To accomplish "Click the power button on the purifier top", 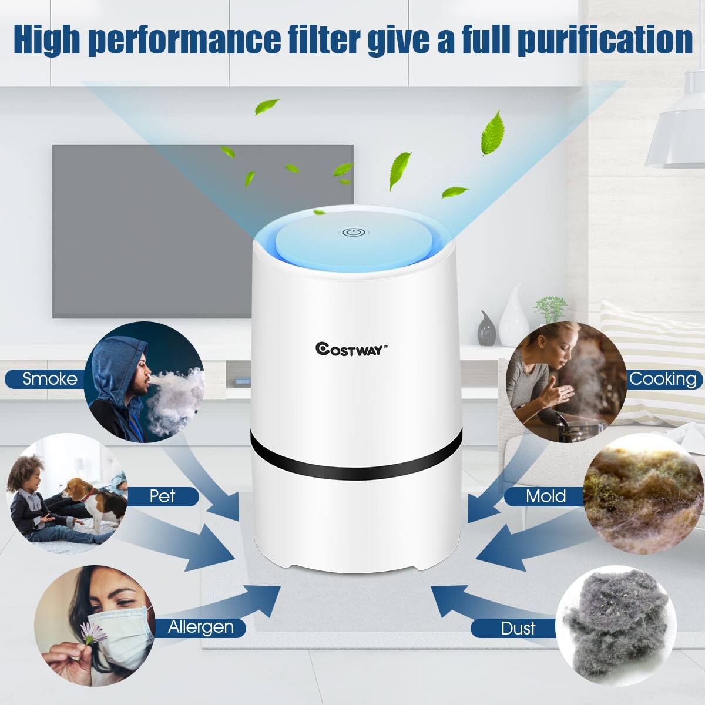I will pyautogui.click(x=352, y=233).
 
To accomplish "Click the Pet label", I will pyautogui.click(x=163, y=496).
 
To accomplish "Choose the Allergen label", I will pyautogui.click(x=200, y=627).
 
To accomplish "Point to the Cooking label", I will pyautogui.click(x=663, y=379).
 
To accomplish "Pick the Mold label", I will pyautogui.click(x=545, y=496).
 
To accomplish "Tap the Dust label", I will pyautogui.click(x=518, y=629).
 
